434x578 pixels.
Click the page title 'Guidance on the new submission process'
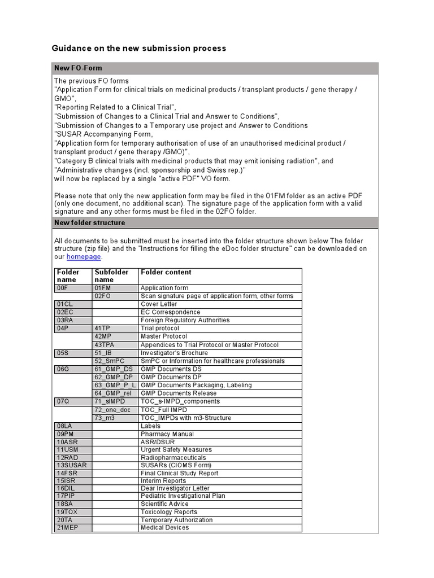pos(139,49)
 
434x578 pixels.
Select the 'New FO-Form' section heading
pos(78,68)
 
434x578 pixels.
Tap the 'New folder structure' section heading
pos(89,223)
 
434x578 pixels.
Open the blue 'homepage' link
pos(84,257)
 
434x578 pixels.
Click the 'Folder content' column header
pos(166,272)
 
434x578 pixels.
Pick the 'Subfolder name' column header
pos(112,276)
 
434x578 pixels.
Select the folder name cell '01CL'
pos(65,304)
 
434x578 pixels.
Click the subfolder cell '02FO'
pos(103,296)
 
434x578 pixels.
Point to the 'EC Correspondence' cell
pos(170,312)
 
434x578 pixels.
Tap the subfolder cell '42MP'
pos(105,336)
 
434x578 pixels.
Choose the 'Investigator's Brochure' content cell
pos(174,353)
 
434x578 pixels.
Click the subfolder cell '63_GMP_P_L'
pos(115,385)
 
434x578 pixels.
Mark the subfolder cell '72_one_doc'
pos(112,410)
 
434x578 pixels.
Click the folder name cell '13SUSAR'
pos(71,465)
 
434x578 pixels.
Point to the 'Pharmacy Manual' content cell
pos(167,434)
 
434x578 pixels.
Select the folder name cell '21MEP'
pos(68,528)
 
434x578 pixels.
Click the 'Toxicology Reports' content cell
pos(169,512)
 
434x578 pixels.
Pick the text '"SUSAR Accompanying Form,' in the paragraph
pos(103,134)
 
